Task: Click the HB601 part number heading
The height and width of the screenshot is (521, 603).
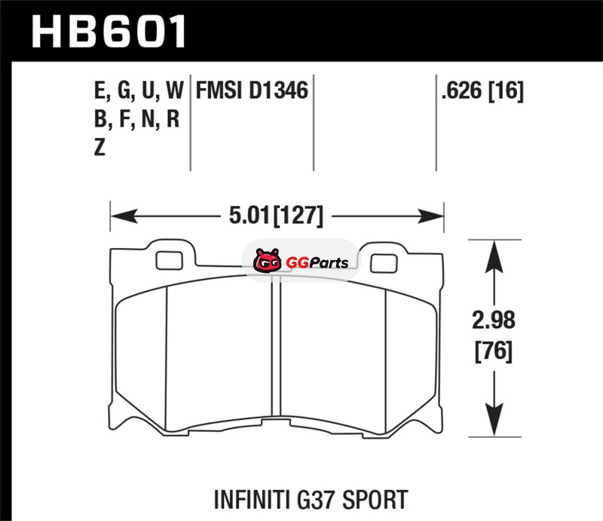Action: click(109, 31)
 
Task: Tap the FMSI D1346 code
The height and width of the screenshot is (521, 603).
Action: click(252, 90)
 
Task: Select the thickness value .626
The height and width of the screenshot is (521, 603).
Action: click(461, 90)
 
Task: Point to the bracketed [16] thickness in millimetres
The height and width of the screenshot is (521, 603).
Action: click(506, 91)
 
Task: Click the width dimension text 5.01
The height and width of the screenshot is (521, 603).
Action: click(249, 215)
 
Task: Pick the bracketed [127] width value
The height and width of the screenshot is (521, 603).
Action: click(298, 216)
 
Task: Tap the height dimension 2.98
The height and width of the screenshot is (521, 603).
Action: click(494, 320)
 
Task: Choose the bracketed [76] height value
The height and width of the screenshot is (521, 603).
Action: click(494, 351)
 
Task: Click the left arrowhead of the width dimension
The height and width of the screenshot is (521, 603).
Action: click(124, 216)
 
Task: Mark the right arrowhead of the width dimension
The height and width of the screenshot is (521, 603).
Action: click(430, 216)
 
